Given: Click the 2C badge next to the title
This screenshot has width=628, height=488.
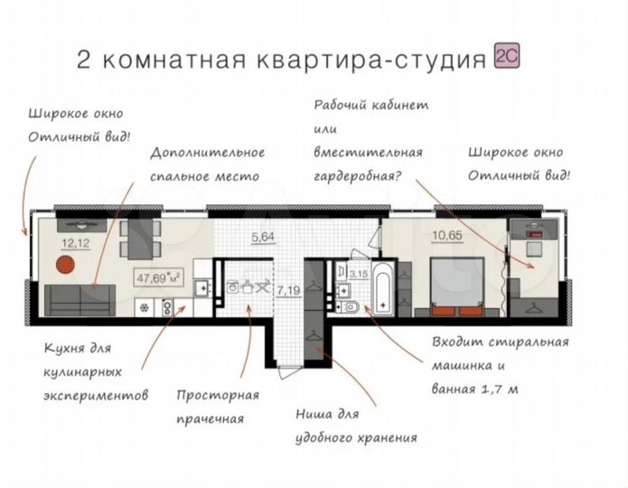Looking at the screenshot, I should [506, 59].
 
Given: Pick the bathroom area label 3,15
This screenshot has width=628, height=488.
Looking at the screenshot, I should [358, 271].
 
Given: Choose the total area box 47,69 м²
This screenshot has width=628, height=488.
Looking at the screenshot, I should [159, 277].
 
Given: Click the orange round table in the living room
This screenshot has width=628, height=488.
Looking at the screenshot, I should [64, 266].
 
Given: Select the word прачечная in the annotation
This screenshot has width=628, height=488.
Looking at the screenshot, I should [211, 419].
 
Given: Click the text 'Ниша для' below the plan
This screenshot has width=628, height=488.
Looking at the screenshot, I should [327, 413].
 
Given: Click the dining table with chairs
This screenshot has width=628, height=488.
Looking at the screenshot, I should [140, 237].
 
